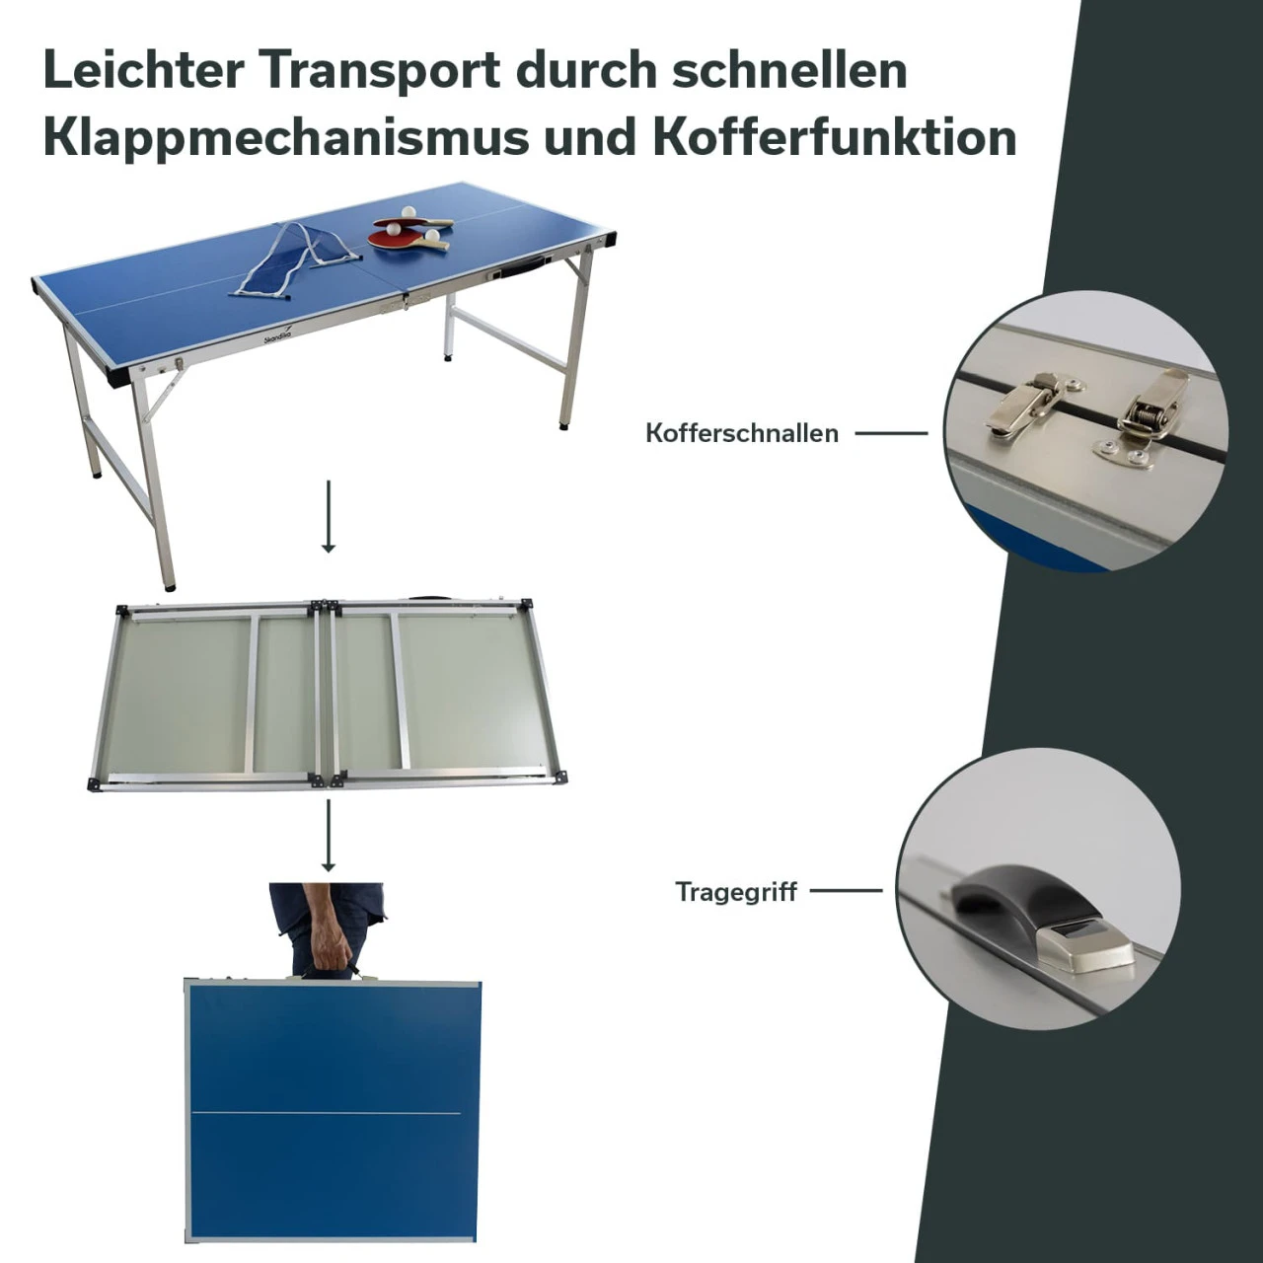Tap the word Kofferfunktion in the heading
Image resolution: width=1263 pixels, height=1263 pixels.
pos(835,137)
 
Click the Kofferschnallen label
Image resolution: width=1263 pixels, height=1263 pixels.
pos(742,433)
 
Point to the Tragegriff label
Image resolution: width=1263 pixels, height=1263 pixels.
pos(736,892)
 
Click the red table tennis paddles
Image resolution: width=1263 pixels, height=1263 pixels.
pos(410,233)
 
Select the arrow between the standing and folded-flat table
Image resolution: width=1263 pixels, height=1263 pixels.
pos(329,516)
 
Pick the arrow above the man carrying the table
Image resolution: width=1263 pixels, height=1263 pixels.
pos(329,836)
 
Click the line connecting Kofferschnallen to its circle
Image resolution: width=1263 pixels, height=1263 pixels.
pos(891,433)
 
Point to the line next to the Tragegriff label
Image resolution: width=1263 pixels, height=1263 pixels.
pos(847,891)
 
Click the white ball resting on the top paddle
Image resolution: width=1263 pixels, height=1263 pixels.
pos(409,212)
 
